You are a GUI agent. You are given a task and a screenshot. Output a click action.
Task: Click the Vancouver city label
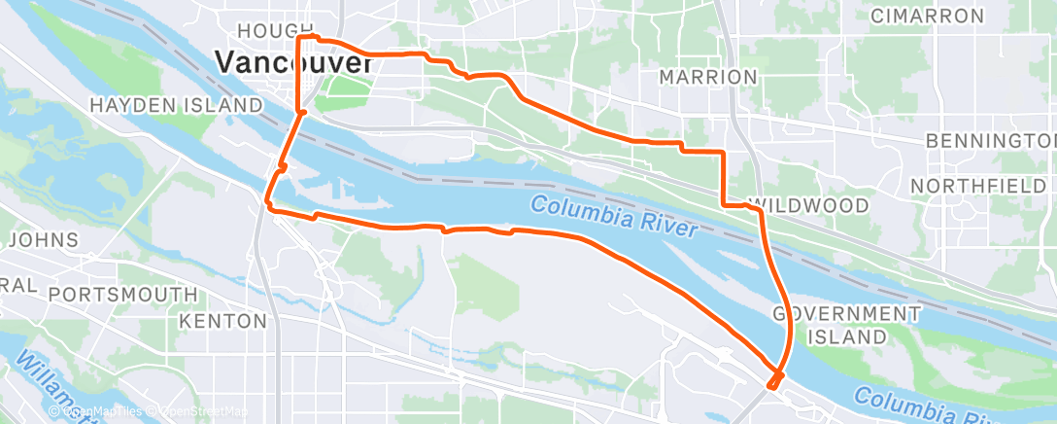tap(293, 63)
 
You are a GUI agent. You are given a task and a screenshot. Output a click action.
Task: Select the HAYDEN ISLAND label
tap(176, 104)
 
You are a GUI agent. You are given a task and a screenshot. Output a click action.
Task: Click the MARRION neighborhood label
tap(707, 76)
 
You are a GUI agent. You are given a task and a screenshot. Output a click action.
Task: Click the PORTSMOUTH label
tap(122, 294)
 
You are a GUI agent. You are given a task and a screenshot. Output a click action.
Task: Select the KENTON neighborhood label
tap(222, 320)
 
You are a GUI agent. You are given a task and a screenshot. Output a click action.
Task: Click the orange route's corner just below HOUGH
tap(298, 38)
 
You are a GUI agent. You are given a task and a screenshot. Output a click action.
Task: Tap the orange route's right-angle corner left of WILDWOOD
tap(724, 204)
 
